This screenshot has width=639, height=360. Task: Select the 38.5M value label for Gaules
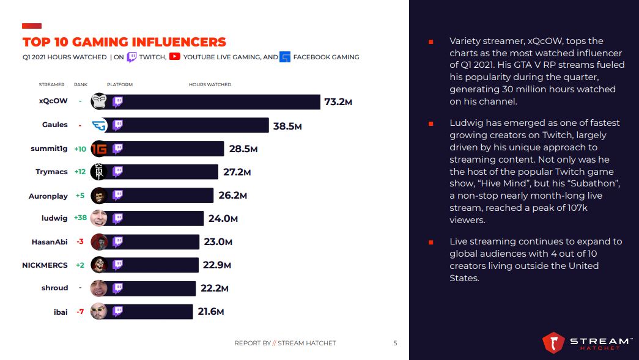point(287,126)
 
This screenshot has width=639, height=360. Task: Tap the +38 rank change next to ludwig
point(79,218)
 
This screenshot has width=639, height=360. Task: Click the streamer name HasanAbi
point(50,241)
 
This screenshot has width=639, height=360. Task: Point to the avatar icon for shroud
point(99,288)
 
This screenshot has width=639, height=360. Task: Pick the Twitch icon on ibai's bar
point(118,311)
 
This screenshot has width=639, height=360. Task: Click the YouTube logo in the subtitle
point(175,57)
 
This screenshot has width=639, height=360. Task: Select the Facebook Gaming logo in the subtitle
point(285,57)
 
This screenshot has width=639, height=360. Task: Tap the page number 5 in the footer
point(395,343)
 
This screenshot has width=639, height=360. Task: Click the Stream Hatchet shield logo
point(553,343)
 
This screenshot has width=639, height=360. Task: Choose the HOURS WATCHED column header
point(210,84)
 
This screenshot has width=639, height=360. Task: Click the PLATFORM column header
point(119,84)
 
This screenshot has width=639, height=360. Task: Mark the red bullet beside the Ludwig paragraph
point(430,123)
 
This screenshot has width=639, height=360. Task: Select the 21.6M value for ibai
point(210,312)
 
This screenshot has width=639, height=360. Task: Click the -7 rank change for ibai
point(79,312)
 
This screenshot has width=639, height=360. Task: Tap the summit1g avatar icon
point(99,149)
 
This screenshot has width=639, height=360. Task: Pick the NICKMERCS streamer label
point(45,265)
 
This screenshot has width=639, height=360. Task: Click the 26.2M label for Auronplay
point(232,196)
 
